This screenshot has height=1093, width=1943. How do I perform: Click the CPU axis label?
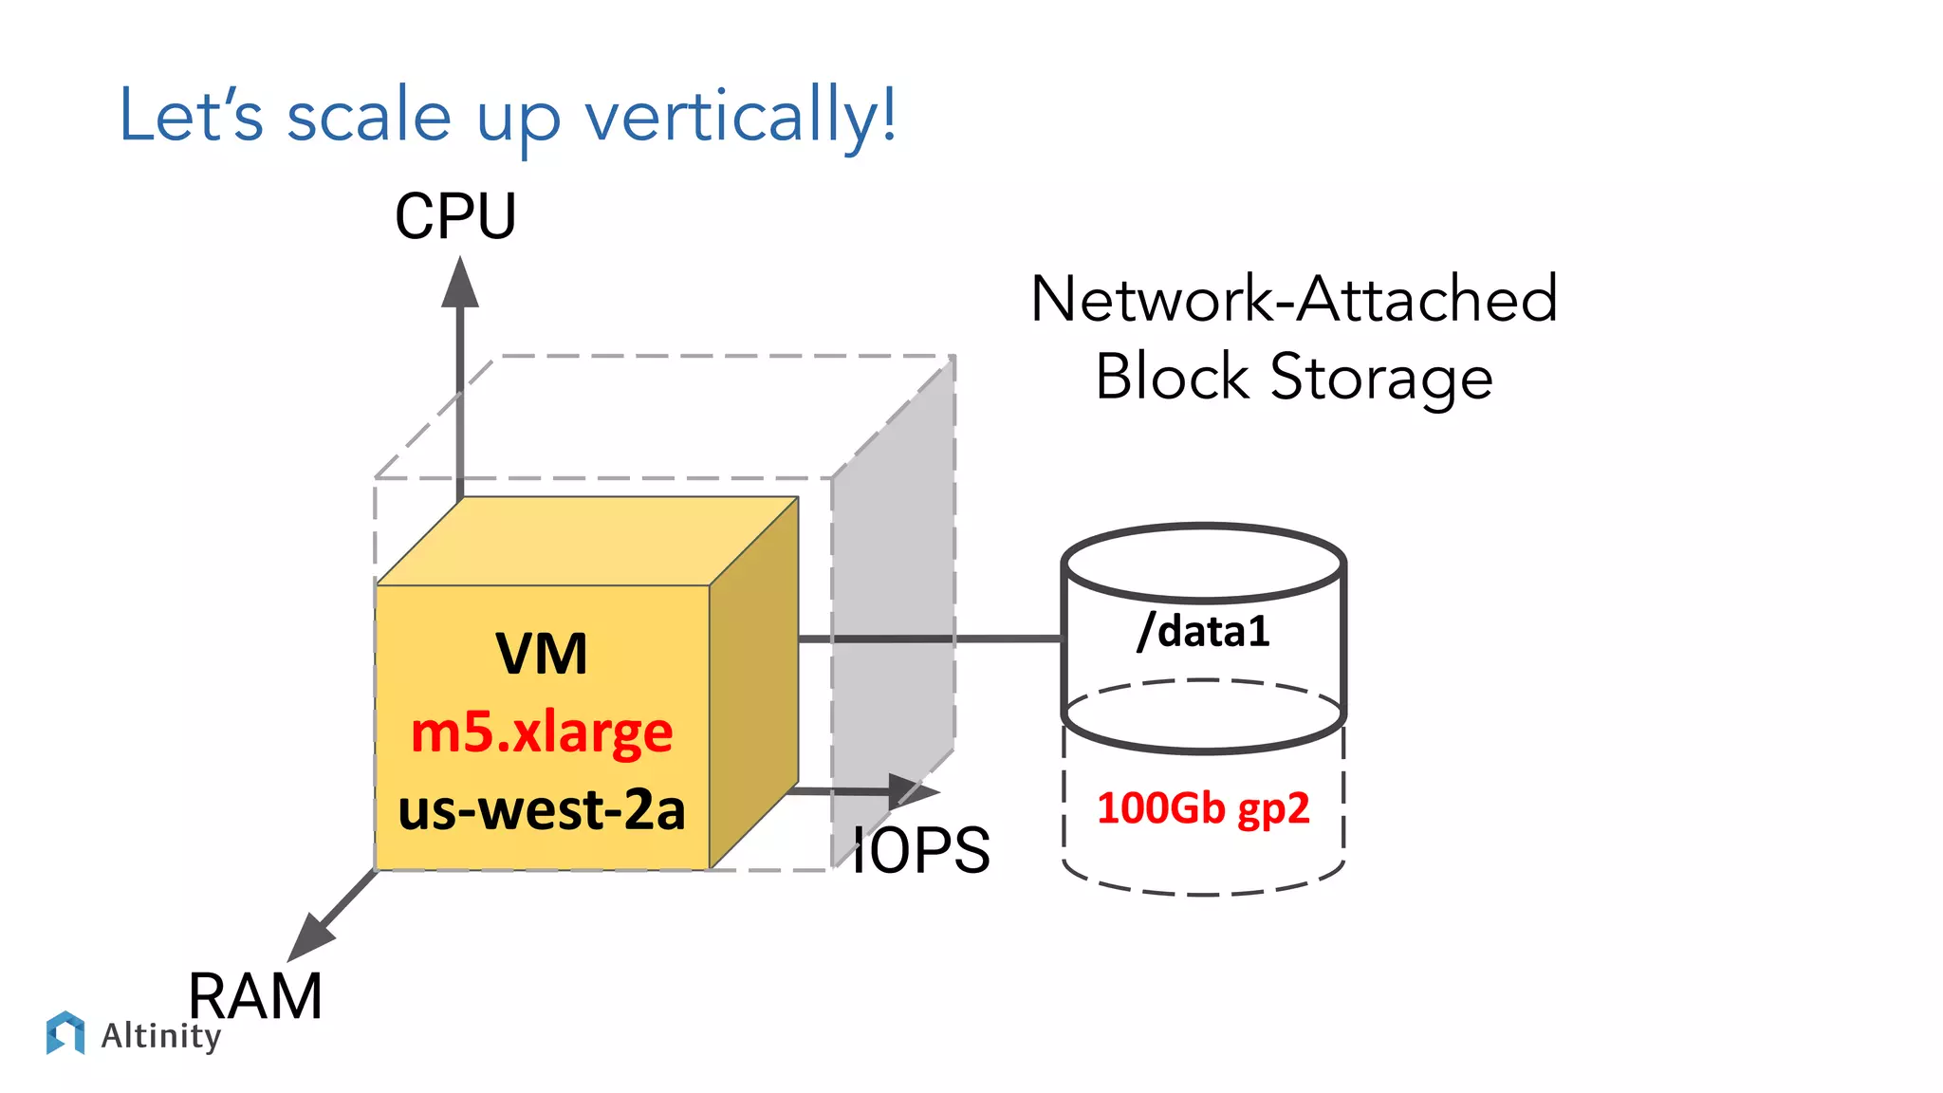tap(455, 216)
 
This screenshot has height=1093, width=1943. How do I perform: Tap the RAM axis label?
tap(255, 996)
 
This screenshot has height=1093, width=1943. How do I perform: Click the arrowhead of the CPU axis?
tap(460, 284)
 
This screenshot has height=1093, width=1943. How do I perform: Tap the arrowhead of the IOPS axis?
tap(913, 790)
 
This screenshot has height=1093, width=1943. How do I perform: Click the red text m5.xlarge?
tap(542, 732)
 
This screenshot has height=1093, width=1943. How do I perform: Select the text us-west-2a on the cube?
tap(542, 809)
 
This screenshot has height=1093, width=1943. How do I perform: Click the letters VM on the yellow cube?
tap(542, 654)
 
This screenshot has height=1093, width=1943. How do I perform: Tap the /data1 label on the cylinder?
tap(1203, 631)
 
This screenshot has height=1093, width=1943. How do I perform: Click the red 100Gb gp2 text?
tap(1203, 808)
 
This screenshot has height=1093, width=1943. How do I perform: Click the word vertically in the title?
tap(740, 116)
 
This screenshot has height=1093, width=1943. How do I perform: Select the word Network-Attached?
tap(1293, 299)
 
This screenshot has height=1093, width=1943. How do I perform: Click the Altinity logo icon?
tap(65, 1032)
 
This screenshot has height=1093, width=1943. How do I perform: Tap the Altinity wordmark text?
tap(161, 1035)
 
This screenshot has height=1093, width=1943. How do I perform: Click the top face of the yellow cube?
tap(588, 541)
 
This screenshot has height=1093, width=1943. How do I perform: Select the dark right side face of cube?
tap(753, 683)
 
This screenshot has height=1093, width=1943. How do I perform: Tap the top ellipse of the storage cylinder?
tap(1203, 564)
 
